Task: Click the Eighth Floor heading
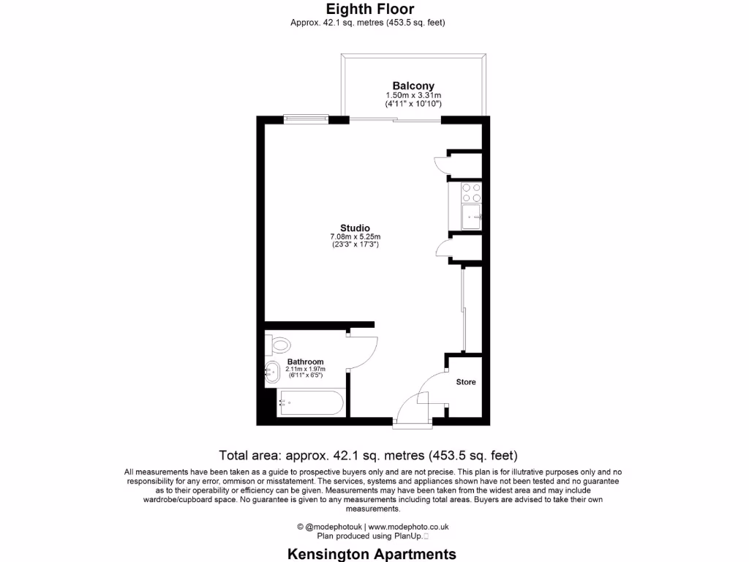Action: click(x=369, y=10)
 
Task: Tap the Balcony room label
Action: click(x=413, y=86)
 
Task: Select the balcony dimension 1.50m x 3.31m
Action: click(x=413, y=96)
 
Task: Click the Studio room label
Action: click(x=355, y=228)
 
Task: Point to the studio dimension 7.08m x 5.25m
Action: click(x=355, y=236)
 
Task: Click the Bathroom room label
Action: click(x=305, y=361)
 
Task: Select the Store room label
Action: click(x=466, y=382)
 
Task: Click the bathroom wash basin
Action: click(x=272, y=372)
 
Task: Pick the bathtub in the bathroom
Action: click(x=310, y=402)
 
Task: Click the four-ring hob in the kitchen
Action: click(x=470, y=192)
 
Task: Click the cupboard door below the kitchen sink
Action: click(x=443, y=249)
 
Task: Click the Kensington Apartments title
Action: click(x=372, y=554)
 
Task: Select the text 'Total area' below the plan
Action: click(x=248, y=454)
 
